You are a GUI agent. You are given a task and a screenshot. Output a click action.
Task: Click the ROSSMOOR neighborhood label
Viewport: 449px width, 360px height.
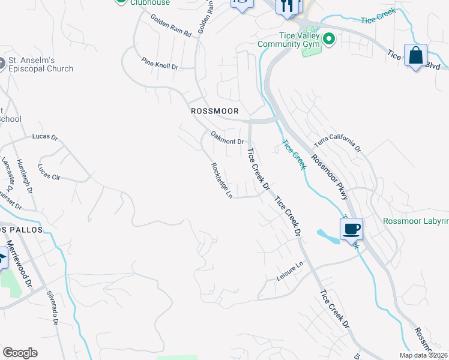214,111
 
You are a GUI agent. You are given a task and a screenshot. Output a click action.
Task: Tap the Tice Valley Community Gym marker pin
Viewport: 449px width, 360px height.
328,40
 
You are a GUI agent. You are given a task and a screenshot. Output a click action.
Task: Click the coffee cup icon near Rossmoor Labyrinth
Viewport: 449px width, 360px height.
351,228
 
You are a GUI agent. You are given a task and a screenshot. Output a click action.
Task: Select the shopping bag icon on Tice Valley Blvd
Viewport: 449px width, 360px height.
415,56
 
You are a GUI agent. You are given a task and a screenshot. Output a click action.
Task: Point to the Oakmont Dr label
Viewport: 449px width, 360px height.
226,137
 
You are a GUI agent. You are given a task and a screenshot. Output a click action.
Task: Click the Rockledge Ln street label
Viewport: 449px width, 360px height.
221,181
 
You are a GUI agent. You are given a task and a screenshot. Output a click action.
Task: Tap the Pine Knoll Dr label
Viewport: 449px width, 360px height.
160,64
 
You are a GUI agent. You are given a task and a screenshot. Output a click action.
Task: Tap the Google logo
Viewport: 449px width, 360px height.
20,352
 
